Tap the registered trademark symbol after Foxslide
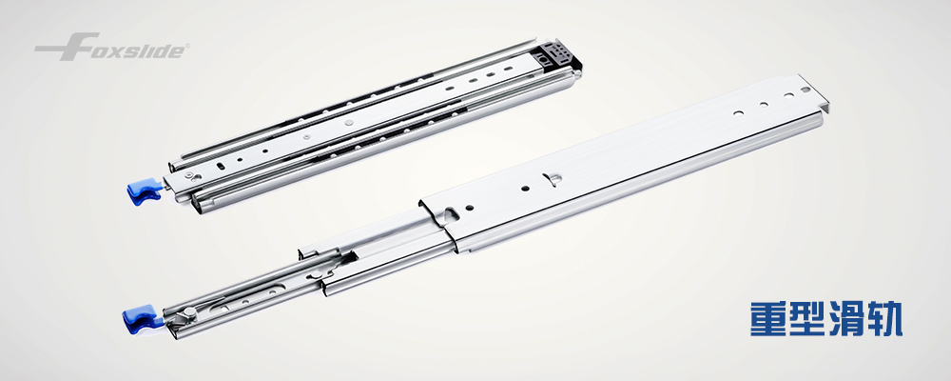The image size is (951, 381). [x=187, y=46]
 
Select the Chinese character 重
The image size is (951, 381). [x=768, y=318]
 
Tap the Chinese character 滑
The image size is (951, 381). [x=846, y=318]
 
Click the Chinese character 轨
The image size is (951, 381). [x=884, y=318]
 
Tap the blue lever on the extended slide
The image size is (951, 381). [x=142, y=318]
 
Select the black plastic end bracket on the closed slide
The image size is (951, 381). [x=556, y=55]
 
